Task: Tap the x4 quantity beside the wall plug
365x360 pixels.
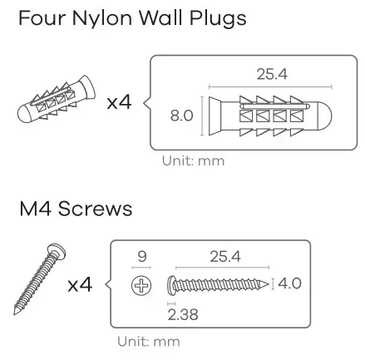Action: pyautogui.click(x=120, y=103)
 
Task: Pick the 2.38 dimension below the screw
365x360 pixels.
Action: pyautogui.click(x=180, y=313)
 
